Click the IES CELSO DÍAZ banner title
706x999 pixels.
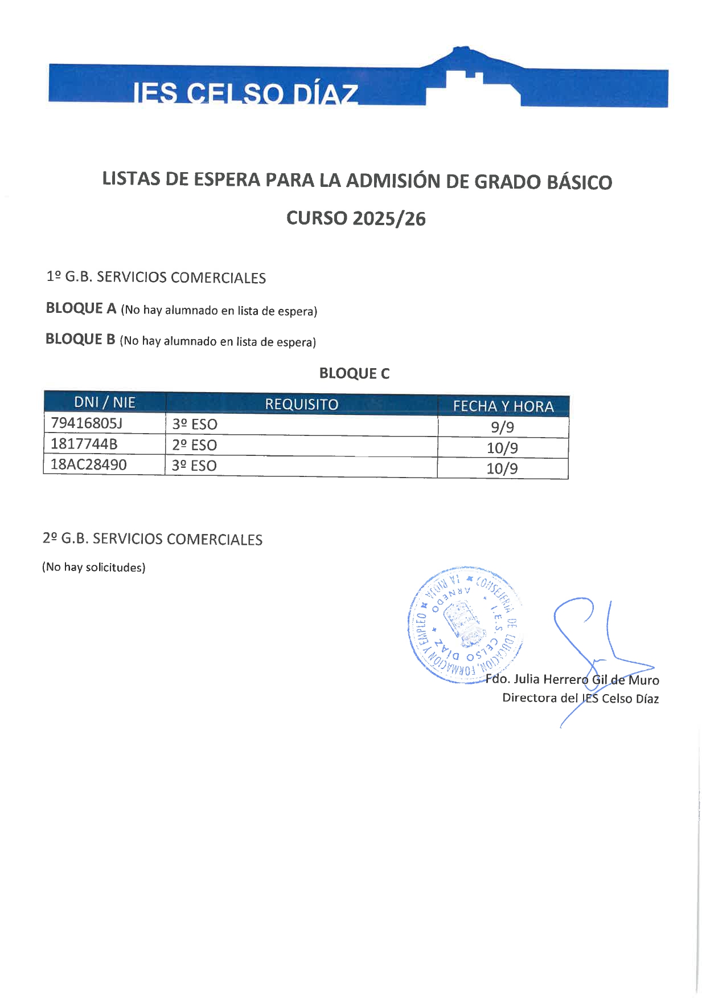(245, 93)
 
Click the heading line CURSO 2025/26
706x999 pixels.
(356, 218)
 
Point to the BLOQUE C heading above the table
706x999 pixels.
(354, 373)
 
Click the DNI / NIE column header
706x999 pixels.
(105, 402)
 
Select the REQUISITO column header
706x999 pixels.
(301, 404)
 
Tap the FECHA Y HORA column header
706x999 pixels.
(503, 406)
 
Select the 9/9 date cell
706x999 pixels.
(502, 427)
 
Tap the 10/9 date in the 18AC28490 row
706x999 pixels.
(502, 468)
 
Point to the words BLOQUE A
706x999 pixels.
(81, 308)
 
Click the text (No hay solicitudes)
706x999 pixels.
(93, 567)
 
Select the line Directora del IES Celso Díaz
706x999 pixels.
(580, 698)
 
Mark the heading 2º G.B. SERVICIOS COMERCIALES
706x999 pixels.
(153, 539)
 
